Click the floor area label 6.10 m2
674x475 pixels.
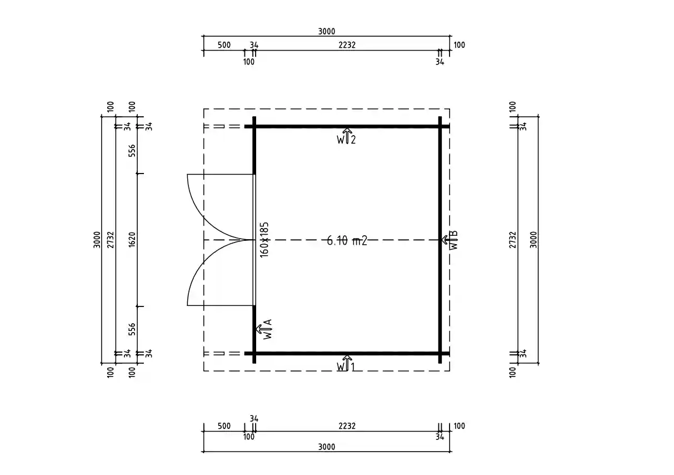tap(347, 240)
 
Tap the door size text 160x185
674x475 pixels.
tap(264, 239)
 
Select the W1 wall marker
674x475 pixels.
tap(345, 365)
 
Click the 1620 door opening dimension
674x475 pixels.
tap(132, 240)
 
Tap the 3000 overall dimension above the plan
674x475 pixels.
tap(327, 32)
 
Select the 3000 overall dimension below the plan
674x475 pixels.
tap(327, 447)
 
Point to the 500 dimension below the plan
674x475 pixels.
tap(224, 426)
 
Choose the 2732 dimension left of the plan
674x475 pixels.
tap(111, 240)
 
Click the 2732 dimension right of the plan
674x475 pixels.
tap(513, 240)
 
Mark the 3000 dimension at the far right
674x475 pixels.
tap(533, 240)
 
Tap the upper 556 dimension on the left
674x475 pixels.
tap(132, 151)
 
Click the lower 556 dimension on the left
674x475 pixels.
tap(132, 329)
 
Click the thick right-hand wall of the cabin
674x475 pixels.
tap(440, 184)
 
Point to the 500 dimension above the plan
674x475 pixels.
tap(224, 45)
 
